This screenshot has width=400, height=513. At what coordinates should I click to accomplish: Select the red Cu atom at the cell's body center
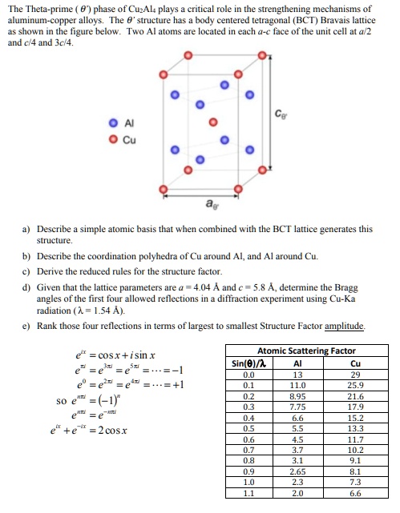(x=212, y=122)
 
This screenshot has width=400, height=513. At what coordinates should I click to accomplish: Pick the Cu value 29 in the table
(x=351, y=373)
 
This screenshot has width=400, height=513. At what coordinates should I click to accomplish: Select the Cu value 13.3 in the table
(x=351, y=428)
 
